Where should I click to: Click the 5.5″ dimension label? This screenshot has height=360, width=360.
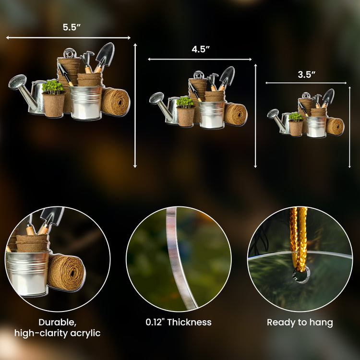pos(72,27)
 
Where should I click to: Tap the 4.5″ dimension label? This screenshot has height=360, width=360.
pos(201,49)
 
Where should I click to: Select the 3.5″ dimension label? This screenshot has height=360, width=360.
pos(307,74)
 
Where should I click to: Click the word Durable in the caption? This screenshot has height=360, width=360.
pos(58,323)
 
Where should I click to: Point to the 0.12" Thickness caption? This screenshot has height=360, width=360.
pos(179,322)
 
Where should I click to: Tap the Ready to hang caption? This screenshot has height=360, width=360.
pos(300,323)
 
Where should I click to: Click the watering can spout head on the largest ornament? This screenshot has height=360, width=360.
pos(17,82)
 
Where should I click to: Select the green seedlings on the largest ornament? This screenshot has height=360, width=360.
pos(53,87)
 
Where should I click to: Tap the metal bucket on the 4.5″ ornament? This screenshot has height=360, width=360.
pos(212,114)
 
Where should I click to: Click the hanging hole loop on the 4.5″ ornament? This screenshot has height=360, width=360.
pos(199,75)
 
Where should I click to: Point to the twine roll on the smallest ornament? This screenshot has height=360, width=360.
pos(335,126)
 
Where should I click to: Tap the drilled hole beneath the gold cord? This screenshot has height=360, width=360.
pos(301,275)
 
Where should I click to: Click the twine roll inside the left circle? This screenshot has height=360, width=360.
pos(66,272)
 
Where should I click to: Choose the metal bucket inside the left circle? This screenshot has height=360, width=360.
pos(27,273)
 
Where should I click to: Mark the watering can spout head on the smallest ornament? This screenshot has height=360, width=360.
pos(273,114)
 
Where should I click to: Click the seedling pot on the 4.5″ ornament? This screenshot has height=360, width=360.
pos(186,116)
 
